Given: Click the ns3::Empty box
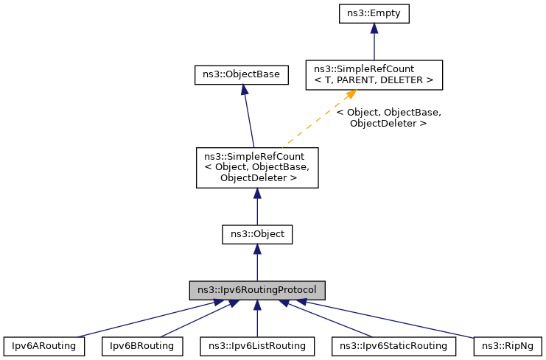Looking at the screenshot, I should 374,13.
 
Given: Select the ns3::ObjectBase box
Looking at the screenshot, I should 242,74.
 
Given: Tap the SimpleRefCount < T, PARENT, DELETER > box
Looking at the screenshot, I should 374,74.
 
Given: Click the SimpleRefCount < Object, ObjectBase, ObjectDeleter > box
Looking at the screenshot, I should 256,167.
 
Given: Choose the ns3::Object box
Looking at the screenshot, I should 257,235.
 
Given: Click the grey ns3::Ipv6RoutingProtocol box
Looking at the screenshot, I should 257,289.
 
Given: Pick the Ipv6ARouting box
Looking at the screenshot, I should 43,345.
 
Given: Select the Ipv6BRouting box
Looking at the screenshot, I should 141,345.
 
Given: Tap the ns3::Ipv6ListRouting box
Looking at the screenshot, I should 257,345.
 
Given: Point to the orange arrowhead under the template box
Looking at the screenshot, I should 351,95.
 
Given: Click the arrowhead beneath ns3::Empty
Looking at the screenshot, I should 374,29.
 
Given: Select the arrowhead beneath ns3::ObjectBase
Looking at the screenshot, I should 243,90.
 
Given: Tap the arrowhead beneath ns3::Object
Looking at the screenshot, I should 257,250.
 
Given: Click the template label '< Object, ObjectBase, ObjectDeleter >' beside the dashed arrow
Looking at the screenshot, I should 388,118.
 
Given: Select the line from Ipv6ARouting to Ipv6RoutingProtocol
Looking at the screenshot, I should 133,319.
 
